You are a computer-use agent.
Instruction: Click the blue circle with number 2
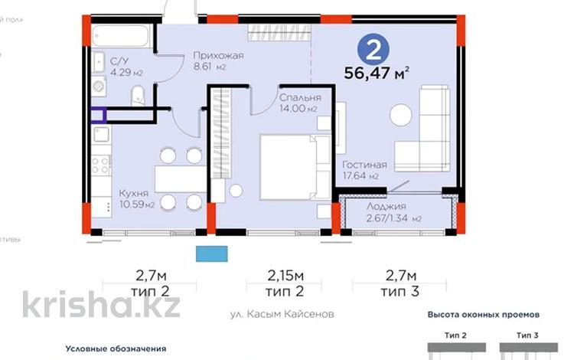tap(374, 51)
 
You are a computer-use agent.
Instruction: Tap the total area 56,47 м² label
tap(377, 75)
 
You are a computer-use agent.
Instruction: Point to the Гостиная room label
tap(364, 165)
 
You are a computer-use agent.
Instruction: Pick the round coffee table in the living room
tap(401, 116)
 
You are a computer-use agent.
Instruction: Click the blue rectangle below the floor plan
tap(213, 253)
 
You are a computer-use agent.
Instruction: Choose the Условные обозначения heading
tap(116, 349)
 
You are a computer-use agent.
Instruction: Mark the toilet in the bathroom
tap(136, 97)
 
